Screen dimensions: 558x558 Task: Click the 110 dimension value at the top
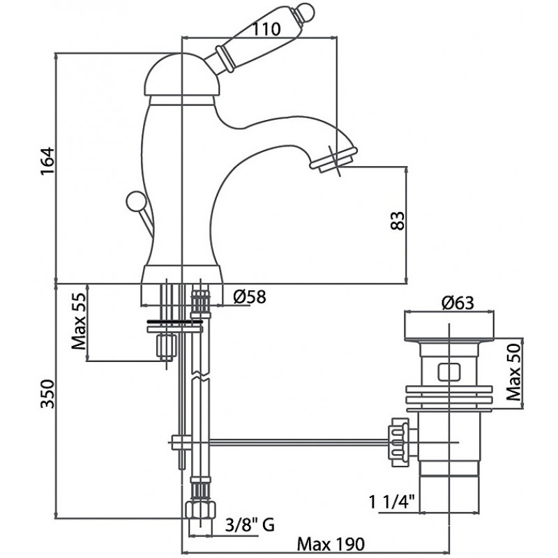point(266,29)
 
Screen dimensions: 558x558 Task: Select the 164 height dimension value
point(47,160)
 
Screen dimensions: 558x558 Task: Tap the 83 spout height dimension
point(398,221)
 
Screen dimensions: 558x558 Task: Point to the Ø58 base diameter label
point(250,297)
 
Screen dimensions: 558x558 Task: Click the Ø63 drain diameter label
point(458,303)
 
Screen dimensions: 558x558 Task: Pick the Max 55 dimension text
point(79,322)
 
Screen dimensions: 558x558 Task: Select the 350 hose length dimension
point(47,394)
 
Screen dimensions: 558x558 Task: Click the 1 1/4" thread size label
point(392,502)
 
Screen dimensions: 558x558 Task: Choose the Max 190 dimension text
point(331,544)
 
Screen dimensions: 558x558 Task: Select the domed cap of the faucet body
point(181,75)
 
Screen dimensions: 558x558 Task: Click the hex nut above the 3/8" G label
point(201,511)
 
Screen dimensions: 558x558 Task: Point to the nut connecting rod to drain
point(400,442)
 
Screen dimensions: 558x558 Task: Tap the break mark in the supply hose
point(200,376)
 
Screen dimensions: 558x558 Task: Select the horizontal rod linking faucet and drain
point(299,442)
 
